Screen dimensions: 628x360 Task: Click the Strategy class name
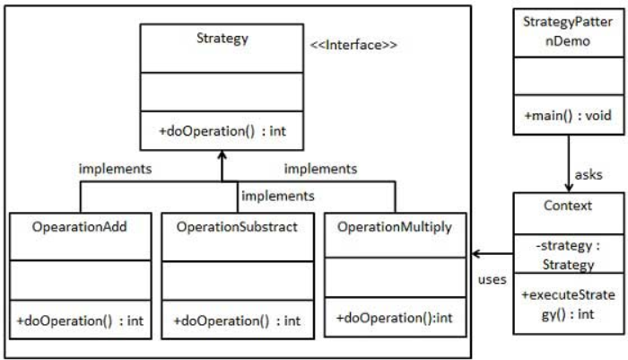pos(222,39)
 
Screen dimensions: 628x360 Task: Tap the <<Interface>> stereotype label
pos(353,45)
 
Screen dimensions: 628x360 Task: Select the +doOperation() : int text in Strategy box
pos(222,131)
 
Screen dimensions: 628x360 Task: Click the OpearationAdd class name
pos(79,227)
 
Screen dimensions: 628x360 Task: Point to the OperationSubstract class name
pos(237,227)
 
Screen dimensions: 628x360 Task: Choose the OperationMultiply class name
pos(395,227)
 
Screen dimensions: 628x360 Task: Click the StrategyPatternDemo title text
pos(568,31)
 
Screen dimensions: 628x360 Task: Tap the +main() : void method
pos(568,116)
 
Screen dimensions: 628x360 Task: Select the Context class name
pos(568,206)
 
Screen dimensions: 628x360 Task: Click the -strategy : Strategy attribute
pos(568,255)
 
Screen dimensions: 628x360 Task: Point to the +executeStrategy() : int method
pos(568,304)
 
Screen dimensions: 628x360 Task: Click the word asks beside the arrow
pos(589,175)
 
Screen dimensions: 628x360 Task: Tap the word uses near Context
pos(493,279)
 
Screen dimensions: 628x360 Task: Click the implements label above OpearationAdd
pos(116,169)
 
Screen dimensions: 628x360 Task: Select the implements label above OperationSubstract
pos(278,196)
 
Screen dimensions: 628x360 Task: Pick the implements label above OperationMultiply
pos(321,169)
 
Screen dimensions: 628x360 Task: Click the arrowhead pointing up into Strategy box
pos(222,154)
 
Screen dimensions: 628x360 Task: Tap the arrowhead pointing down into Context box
pos(568,189)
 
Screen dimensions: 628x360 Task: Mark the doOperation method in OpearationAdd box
pos(80,320)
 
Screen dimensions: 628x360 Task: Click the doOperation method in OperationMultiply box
pos(395,318)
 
